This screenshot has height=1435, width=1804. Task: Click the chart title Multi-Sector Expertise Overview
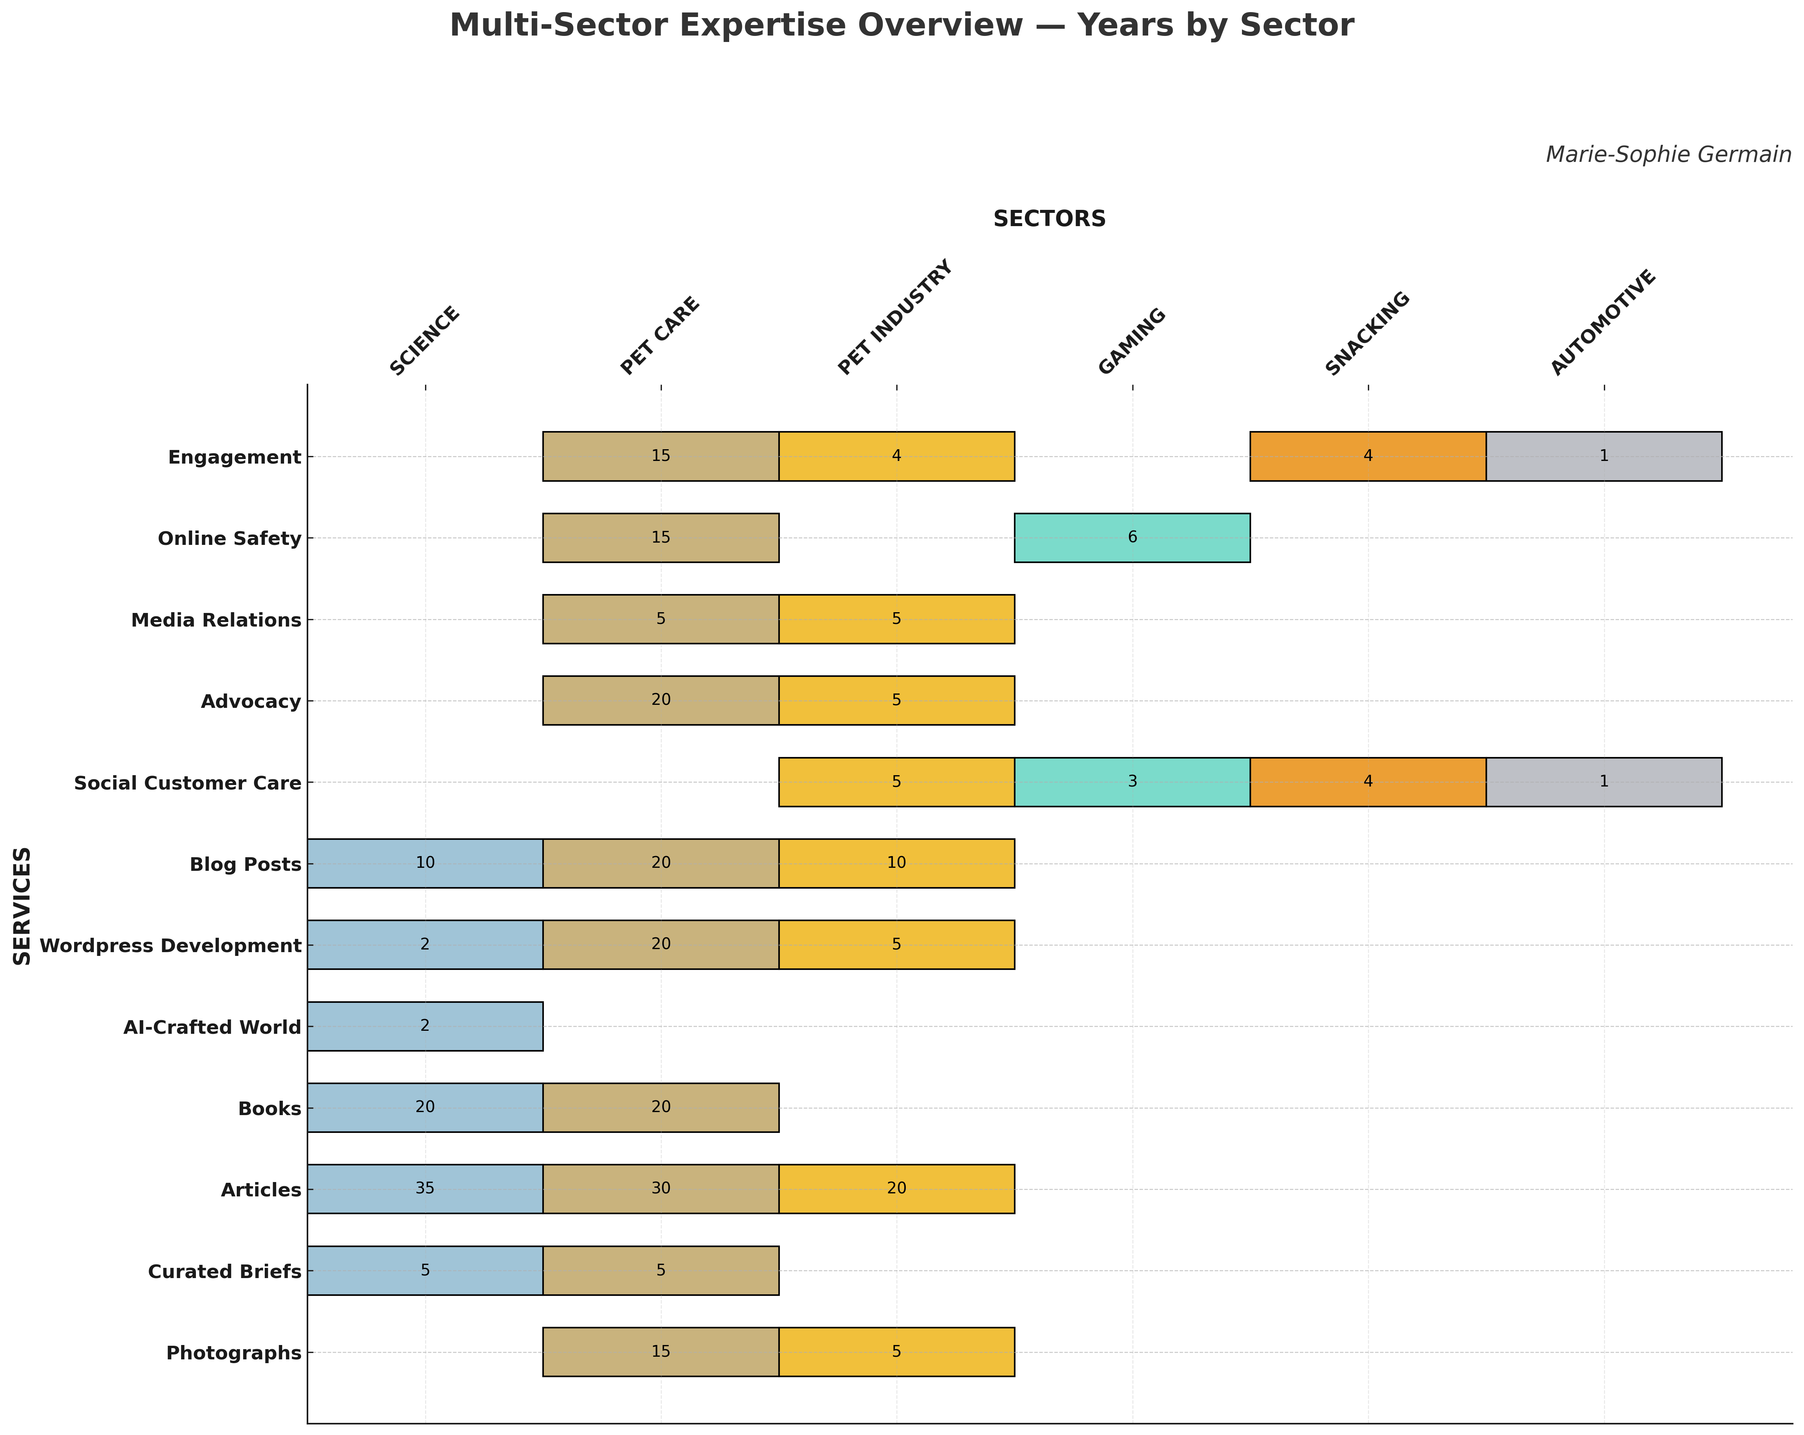click(x=901, y=26)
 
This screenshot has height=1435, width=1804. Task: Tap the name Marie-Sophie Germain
click(x=1667, y=155)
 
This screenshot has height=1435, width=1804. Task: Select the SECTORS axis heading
click(x=1049, y=219)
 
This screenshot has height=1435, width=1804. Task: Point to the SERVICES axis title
click(x=23, y=906)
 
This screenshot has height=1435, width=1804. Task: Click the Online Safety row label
click(x=229, y=538)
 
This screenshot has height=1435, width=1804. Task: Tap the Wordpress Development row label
click(x=170, y=945)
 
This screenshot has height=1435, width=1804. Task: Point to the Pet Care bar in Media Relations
click(x=661, y=619)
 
